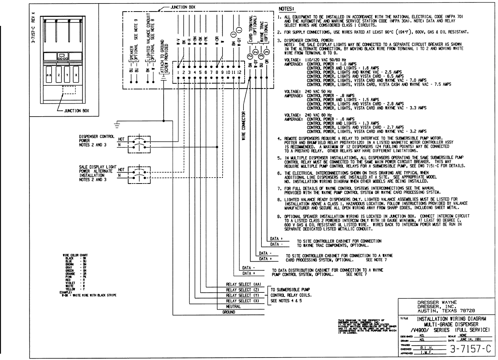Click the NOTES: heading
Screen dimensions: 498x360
[286, 8]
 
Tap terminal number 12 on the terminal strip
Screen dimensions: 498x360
[239, 72]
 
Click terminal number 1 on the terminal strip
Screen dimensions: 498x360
[178, 72]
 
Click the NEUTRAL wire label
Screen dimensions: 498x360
[233, 306]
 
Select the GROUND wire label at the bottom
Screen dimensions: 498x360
[228, 312]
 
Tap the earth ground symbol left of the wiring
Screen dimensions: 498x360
[117, 123]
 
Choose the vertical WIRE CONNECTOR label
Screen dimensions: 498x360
[244, 126]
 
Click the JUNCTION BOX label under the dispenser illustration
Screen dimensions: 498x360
[76, 111]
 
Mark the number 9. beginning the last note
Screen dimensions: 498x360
[280, 216]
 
